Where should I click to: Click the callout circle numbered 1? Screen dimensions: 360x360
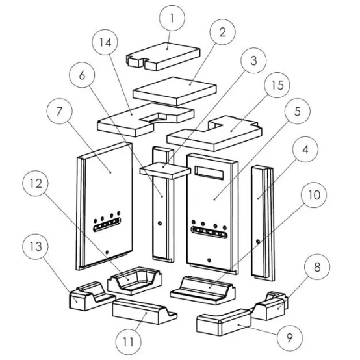click(172, 18)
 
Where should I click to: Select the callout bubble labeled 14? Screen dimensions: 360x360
click(105, 42)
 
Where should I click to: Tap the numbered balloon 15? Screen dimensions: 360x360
click(277, 85)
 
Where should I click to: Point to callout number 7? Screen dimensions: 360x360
click(60, 111)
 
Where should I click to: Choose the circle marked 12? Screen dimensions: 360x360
click(36, 183)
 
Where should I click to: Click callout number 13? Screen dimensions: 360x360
click(36, 246)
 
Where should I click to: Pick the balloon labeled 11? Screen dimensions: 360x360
click(129, 342)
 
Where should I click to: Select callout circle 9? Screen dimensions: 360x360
click(290, 338)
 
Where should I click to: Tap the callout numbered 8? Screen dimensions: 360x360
click(317, 267)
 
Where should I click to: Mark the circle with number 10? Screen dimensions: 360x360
click(314, 195)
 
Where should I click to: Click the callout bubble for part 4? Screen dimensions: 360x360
click(305, 149)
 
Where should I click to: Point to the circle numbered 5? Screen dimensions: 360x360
click(298, 111)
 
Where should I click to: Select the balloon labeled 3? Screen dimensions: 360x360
click(253, 60)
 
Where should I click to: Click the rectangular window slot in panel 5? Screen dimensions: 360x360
click(209, 172)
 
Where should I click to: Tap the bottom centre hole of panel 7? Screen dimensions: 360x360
click(107, 252)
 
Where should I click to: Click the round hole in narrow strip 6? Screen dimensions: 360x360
click(160, 223)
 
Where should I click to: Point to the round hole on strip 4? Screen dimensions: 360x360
click(258, 242)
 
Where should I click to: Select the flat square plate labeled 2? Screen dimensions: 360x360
click(175, 91)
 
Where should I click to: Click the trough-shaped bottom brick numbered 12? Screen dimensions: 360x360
click(135, 281)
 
